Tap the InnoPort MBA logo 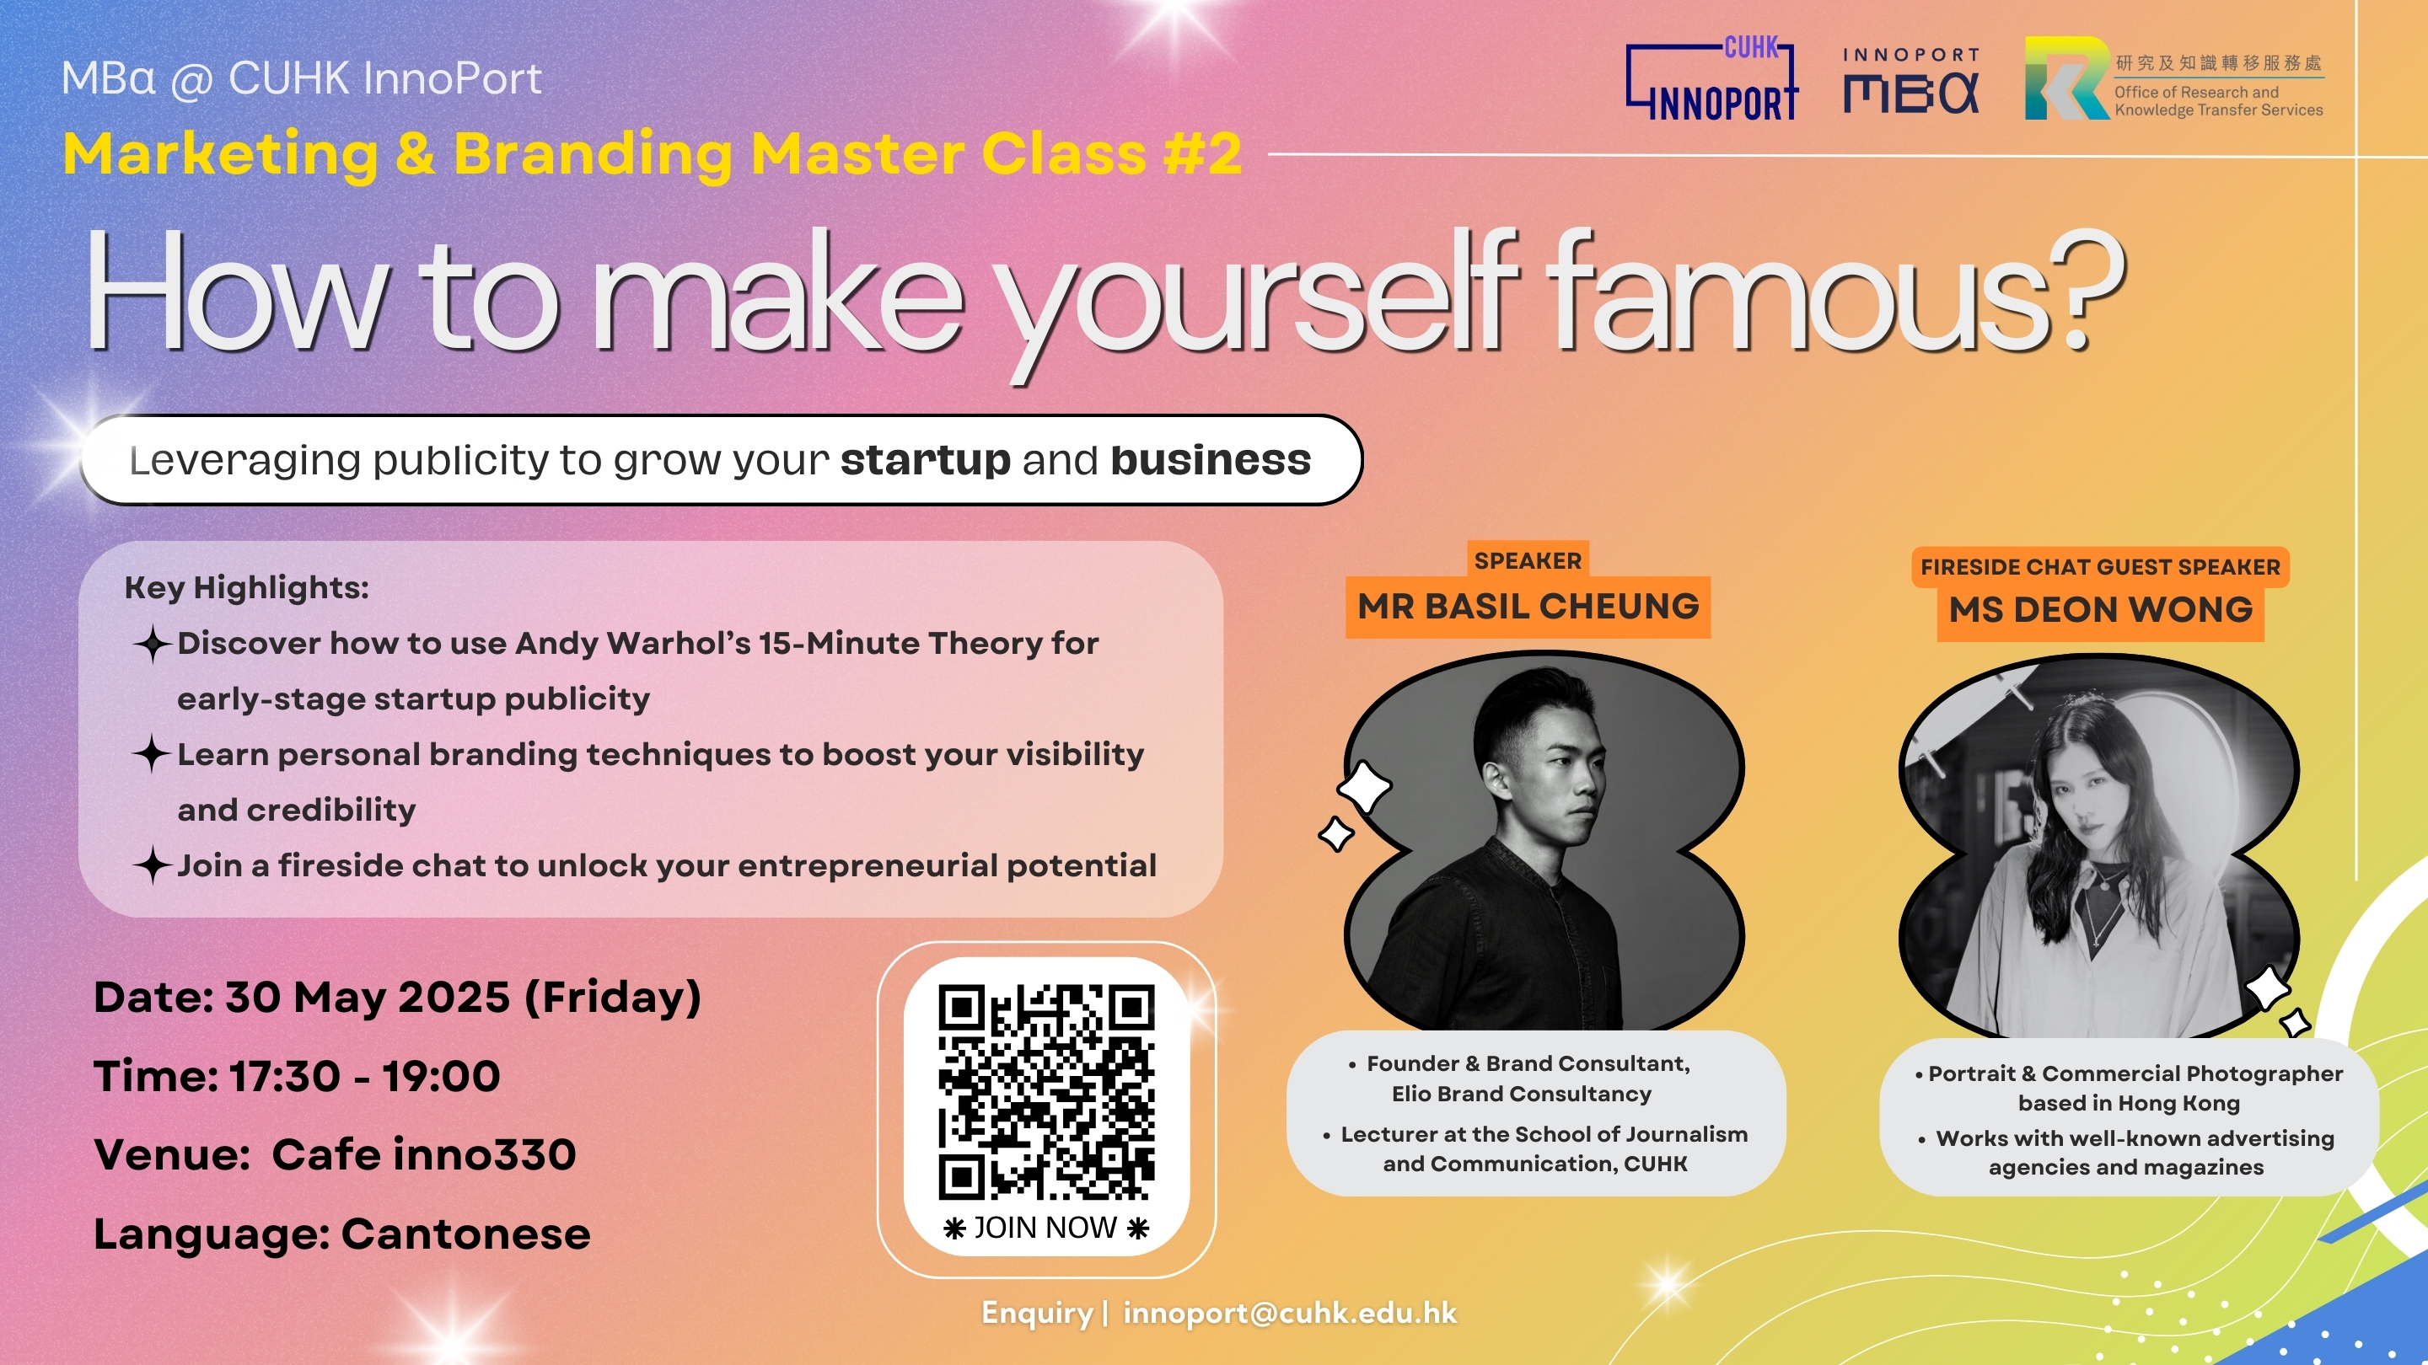pyautogui.click(x=1911, y=81)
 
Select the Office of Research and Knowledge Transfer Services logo pyautogui.click(x=2173, y=78)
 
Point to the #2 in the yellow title pyautogui.click(x=1201, y=153)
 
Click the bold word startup pyautogui.click(x=926, y=461)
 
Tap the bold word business pyautogui.click(x=1211, y=460)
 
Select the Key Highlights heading pyautogui.click(x=247, y=588)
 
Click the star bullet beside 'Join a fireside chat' pyautogui.click(x=152, y=864)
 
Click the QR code pyautogui.click(x=1046, y=1092)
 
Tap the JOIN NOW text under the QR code pyautogui.click(x=1045, y=1228)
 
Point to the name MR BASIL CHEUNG pyautogui.click(x=1528, y=607)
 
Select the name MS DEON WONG pyautogui.click(x=2101, y=610)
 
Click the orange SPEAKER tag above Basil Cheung pyautogui.click(x=1528, y=560)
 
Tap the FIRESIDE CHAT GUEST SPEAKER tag pyautogui.click(x=2101, y=567)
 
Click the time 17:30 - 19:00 pyautogui.click(x=365, y=1076)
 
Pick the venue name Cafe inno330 pyautogui.click(x=424, y=1155)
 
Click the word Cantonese pyautogui.click(x=465, y=1234)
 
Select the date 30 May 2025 pyautogui.click(x=368, y=998)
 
